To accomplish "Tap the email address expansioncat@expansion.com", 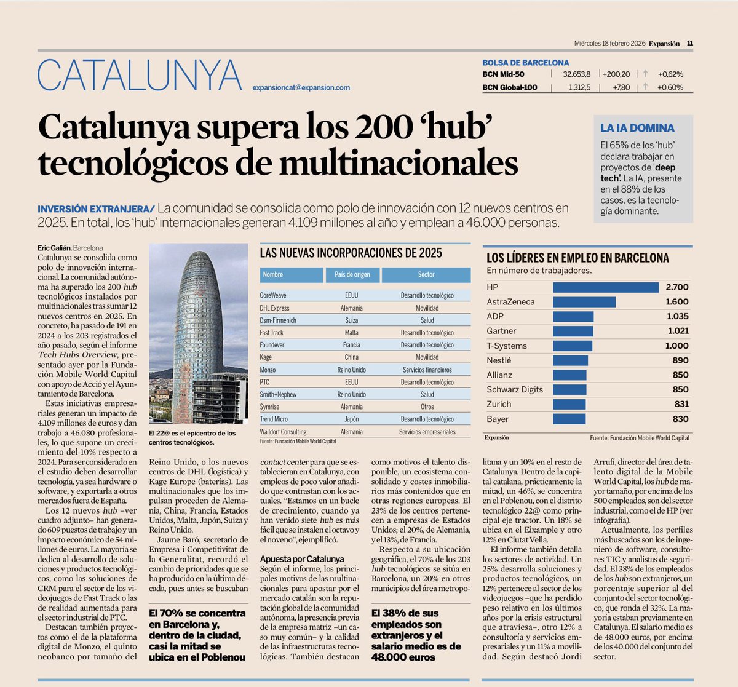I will pos(301,87).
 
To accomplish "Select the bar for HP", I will pos(606,287).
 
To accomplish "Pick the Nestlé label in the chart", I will pos(499,360).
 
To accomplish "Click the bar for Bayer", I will pos(569,419).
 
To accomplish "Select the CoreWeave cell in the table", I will pos(273,295).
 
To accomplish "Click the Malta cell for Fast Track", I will pos(352,333).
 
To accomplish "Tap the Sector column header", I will pos(426,274).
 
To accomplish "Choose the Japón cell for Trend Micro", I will pos(352,419).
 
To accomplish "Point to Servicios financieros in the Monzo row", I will pos(427,370).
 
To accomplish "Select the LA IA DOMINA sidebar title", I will pos(637,128).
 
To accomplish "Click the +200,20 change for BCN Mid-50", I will pos(616,74).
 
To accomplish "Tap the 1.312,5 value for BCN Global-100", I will pos(579,87).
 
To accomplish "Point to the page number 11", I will pos(690,44).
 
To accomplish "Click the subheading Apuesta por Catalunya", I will pos(302,559).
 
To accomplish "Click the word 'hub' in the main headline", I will pos(455,127).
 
